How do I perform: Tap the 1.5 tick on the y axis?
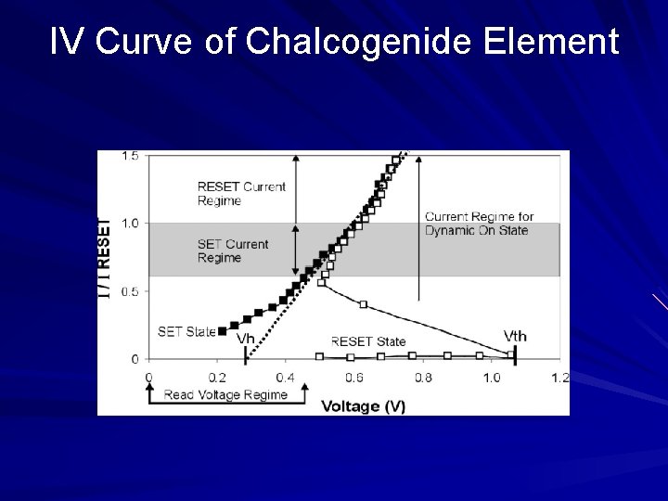[x=130, y=156]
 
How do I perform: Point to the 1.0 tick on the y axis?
[x=130, y=224]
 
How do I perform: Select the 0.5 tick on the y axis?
[x=130, y=291]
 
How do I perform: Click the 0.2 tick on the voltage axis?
[x=217, y=378]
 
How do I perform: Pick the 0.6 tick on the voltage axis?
[x=354, y=378]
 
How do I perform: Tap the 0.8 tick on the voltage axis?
[x=423, y=378]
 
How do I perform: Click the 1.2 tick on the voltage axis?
[x=559, y=378]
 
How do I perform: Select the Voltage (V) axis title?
[x=363, y=406]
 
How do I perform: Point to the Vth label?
[x=515, y=335]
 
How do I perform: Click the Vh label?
[x=245, y=339]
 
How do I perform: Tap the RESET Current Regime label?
[x=241, y=193]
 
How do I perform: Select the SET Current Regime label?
[x=233, y=250]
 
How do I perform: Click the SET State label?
[x=186, y=331]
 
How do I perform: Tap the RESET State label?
[x=368, y=341]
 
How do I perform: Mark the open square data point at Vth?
[x=511, y=353]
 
